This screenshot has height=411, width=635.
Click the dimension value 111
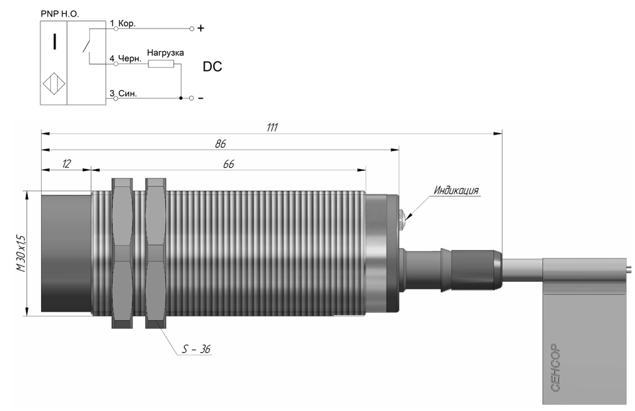click(272, 127)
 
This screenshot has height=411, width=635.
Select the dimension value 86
click(220, 144)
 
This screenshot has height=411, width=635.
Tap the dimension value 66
click(229, 164)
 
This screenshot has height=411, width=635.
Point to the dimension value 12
click(66, 164)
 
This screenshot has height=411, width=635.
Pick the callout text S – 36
click(196, 349)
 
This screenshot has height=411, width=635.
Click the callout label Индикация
click(456, 190)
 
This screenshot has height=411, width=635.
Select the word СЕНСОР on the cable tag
click(556, 368)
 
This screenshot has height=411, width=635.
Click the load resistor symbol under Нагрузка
click(161, 64)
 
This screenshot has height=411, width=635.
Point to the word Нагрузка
click(166, 52)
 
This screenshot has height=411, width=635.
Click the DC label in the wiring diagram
click(212, 66)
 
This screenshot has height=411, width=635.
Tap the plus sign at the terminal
click(201, 29)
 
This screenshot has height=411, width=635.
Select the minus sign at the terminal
click(201, 98)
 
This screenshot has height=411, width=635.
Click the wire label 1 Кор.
click(122, 23)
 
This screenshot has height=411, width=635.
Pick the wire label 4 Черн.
click(126, 58)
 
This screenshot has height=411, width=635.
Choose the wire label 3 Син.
click(124, 93)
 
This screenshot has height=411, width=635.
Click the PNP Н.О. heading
click(60, 14)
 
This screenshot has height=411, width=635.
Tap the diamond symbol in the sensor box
click(54, 84)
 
